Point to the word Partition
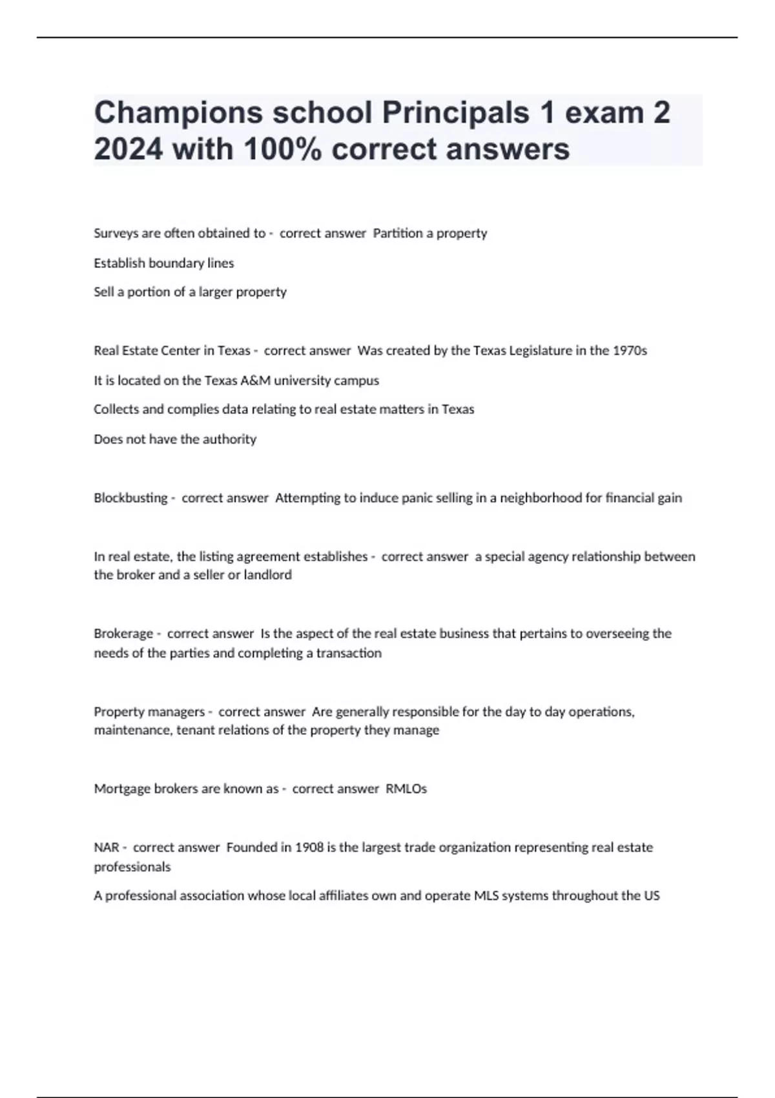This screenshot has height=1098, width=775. pos(397,233)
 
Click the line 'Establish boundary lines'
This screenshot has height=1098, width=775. pos(164,263)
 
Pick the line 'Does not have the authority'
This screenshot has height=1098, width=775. pos(175,439)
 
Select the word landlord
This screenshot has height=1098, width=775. pos(267,575)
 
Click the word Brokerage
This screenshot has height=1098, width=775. pos(123,634)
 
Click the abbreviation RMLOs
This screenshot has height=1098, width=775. pos(406,789)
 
